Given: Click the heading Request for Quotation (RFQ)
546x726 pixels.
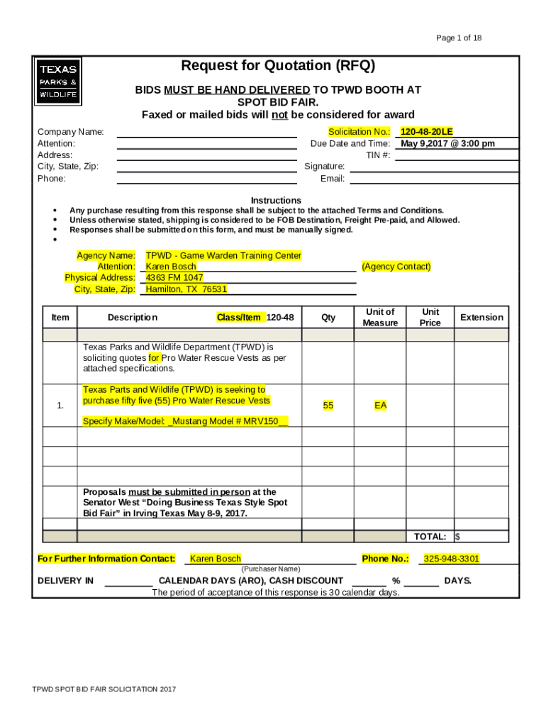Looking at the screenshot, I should coord(278,66).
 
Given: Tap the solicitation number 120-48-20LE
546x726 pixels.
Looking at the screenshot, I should coord(426,132).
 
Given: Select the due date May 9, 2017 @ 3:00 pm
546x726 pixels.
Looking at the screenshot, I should coord(448,143).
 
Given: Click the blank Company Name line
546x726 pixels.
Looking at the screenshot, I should coord(206,133).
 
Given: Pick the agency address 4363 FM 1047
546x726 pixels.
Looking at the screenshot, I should coord(174,278).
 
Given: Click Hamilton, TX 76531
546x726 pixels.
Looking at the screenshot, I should coord(186,289).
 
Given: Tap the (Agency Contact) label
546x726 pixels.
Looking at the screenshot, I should coord(396,267).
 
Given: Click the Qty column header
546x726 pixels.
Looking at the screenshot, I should coord(328,318).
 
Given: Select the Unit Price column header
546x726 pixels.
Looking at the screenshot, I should coord(430,318).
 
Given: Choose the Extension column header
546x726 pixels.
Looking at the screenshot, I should coord(481,318).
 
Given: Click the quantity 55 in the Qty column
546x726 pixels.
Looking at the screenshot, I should coord(328,406).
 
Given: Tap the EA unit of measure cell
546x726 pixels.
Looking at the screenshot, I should coord(381,406).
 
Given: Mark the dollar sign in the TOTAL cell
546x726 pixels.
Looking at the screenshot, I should coord(458,537).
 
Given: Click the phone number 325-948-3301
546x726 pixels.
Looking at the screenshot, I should coord(451,559).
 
